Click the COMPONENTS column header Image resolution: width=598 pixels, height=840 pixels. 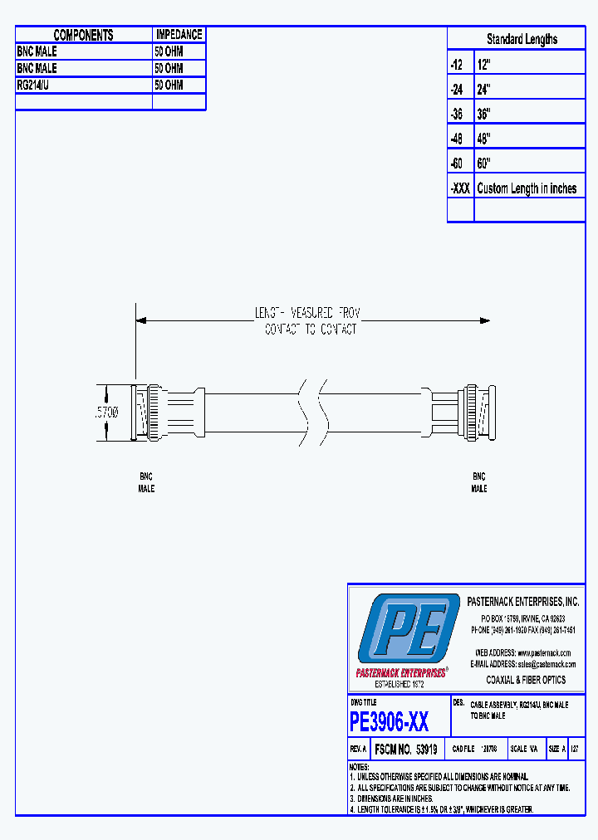83,35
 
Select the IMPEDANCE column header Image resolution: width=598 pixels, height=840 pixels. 179,35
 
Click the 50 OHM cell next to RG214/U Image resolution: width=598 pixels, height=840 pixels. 169,85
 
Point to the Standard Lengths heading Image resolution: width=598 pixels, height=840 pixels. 522,39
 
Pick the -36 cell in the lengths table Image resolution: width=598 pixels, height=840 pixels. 457,114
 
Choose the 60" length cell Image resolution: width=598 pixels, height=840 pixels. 484,164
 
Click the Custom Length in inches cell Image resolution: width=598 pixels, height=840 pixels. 527,188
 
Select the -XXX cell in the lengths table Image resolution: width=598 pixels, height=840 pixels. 460,188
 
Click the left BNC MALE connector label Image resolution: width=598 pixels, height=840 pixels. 146,483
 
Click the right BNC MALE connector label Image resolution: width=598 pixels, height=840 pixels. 479,483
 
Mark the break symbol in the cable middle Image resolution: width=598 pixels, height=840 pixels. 312,411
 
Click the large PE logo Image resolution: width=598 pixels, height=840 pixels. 406,628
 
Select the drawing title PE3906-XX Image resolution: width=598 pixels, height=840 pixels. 390,722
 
